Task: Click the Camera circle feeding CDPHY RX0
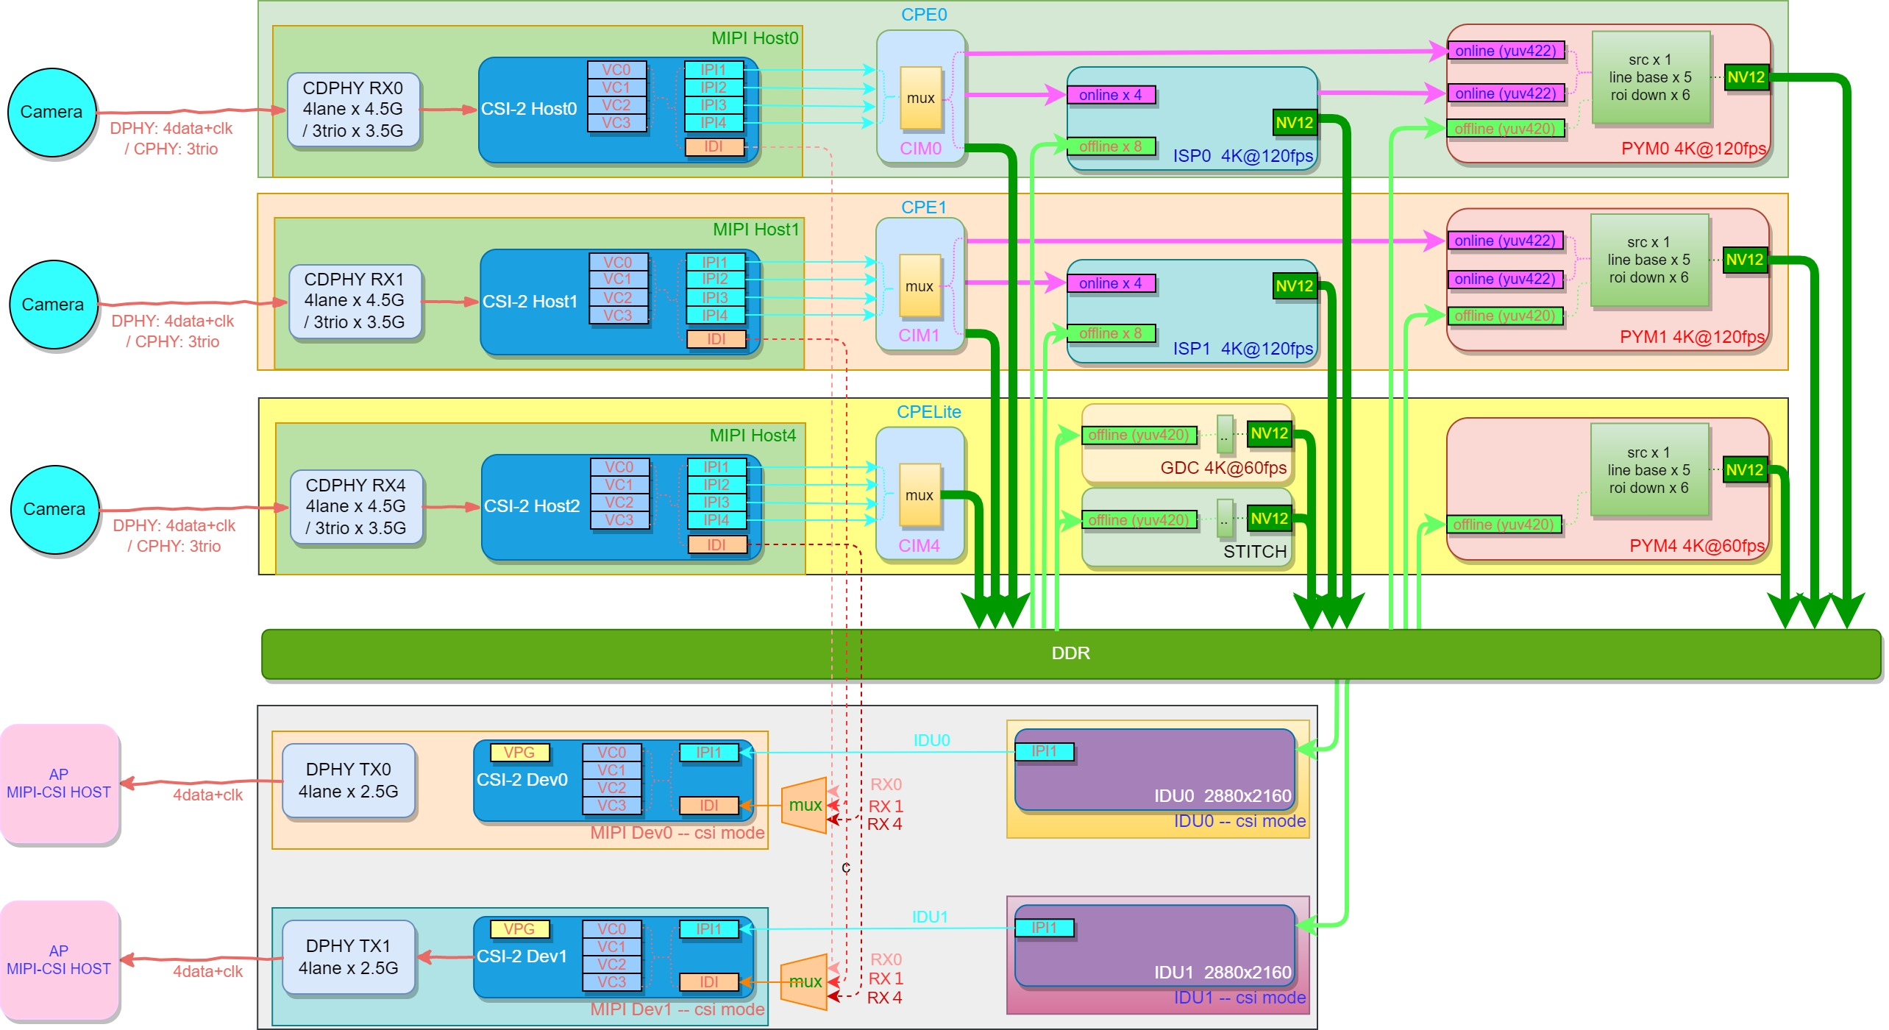point(51,112)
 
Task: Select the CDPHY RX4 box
point(356,507)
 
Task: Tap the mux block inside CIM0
point(920,99)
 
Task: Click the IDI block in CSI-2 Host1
point(716,339)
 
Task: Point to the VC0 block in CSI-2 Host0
point(616,70)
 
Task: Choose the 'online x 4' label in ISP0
point(1110,95)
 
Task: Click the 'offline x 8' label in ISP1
point(1110,333)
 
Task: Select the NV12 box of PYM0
point(1746,77)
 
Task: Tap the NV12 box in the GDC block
point(1269,433)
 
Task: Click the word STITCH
point(1254,551)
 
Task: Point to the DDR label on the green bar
point(1070,653)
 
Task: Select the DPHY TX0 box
point(349,781)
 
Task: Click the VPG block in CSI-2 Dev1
point(519,929)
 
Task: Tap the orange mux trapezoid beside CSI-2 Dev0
point(804,805)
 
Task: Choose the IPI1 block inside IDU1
point(1043,928)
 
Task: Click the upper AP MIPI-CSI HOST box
point(59,784)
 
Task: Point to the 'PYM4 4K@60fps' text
point(1696,546)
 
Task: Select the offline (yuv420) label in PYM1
point(1504,316)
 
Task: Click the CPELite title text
point(928,412)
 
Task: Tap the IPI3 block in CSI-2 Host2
point(716,502)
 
